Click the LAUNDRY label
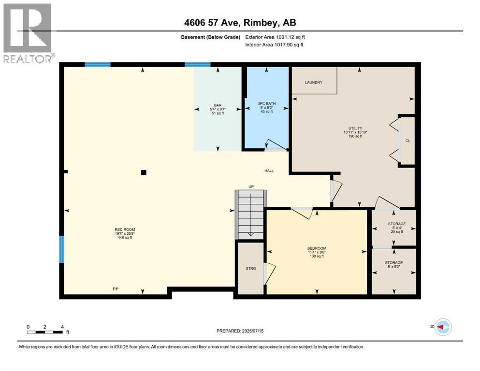(313, 83)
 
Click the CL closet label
(407, 141)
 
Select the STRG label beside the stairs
(250, 269)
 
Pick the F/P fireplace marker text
(116, 289)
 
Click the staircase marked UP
(250, 214)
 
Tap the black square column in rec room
(143, 172)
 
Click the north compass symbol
(443, 327)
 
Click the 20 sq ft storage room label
(396, 228)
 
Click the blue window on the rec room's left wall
(61, 249)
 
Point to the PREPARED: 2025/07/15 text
(240, 331)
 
